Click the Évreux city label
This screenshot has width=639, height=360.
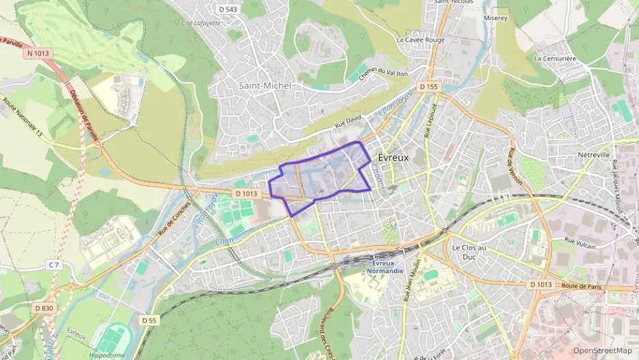pyautogui.click(x=393, y=157)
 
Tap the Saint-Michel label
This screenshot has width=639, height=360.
pyautogui.click(x=265, y=85)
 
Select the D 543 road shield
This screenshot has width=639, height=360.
pyautogui.click(x=229, y=9)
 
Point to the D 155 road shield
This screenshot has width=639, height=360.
pyautogui.click(x=428, y=87)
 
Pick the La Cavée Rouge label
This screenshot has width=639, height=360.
pyautogui.click(x=421, y=40)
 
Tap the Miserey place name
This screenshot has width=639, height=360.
pyautogui.click(x=495, y=18)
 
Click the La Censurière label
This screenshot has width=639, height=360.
pyautogui.click(x=555, y=59)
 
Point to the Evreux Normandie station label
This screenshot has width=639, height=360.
pyautogui.click(x=386, y=267)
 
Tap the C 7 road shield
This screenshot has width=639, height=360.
pyautogui.click(x=55, y=264)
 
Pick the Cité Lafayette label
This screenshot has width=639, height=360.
pyautogui.click(x=201, y=23)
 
